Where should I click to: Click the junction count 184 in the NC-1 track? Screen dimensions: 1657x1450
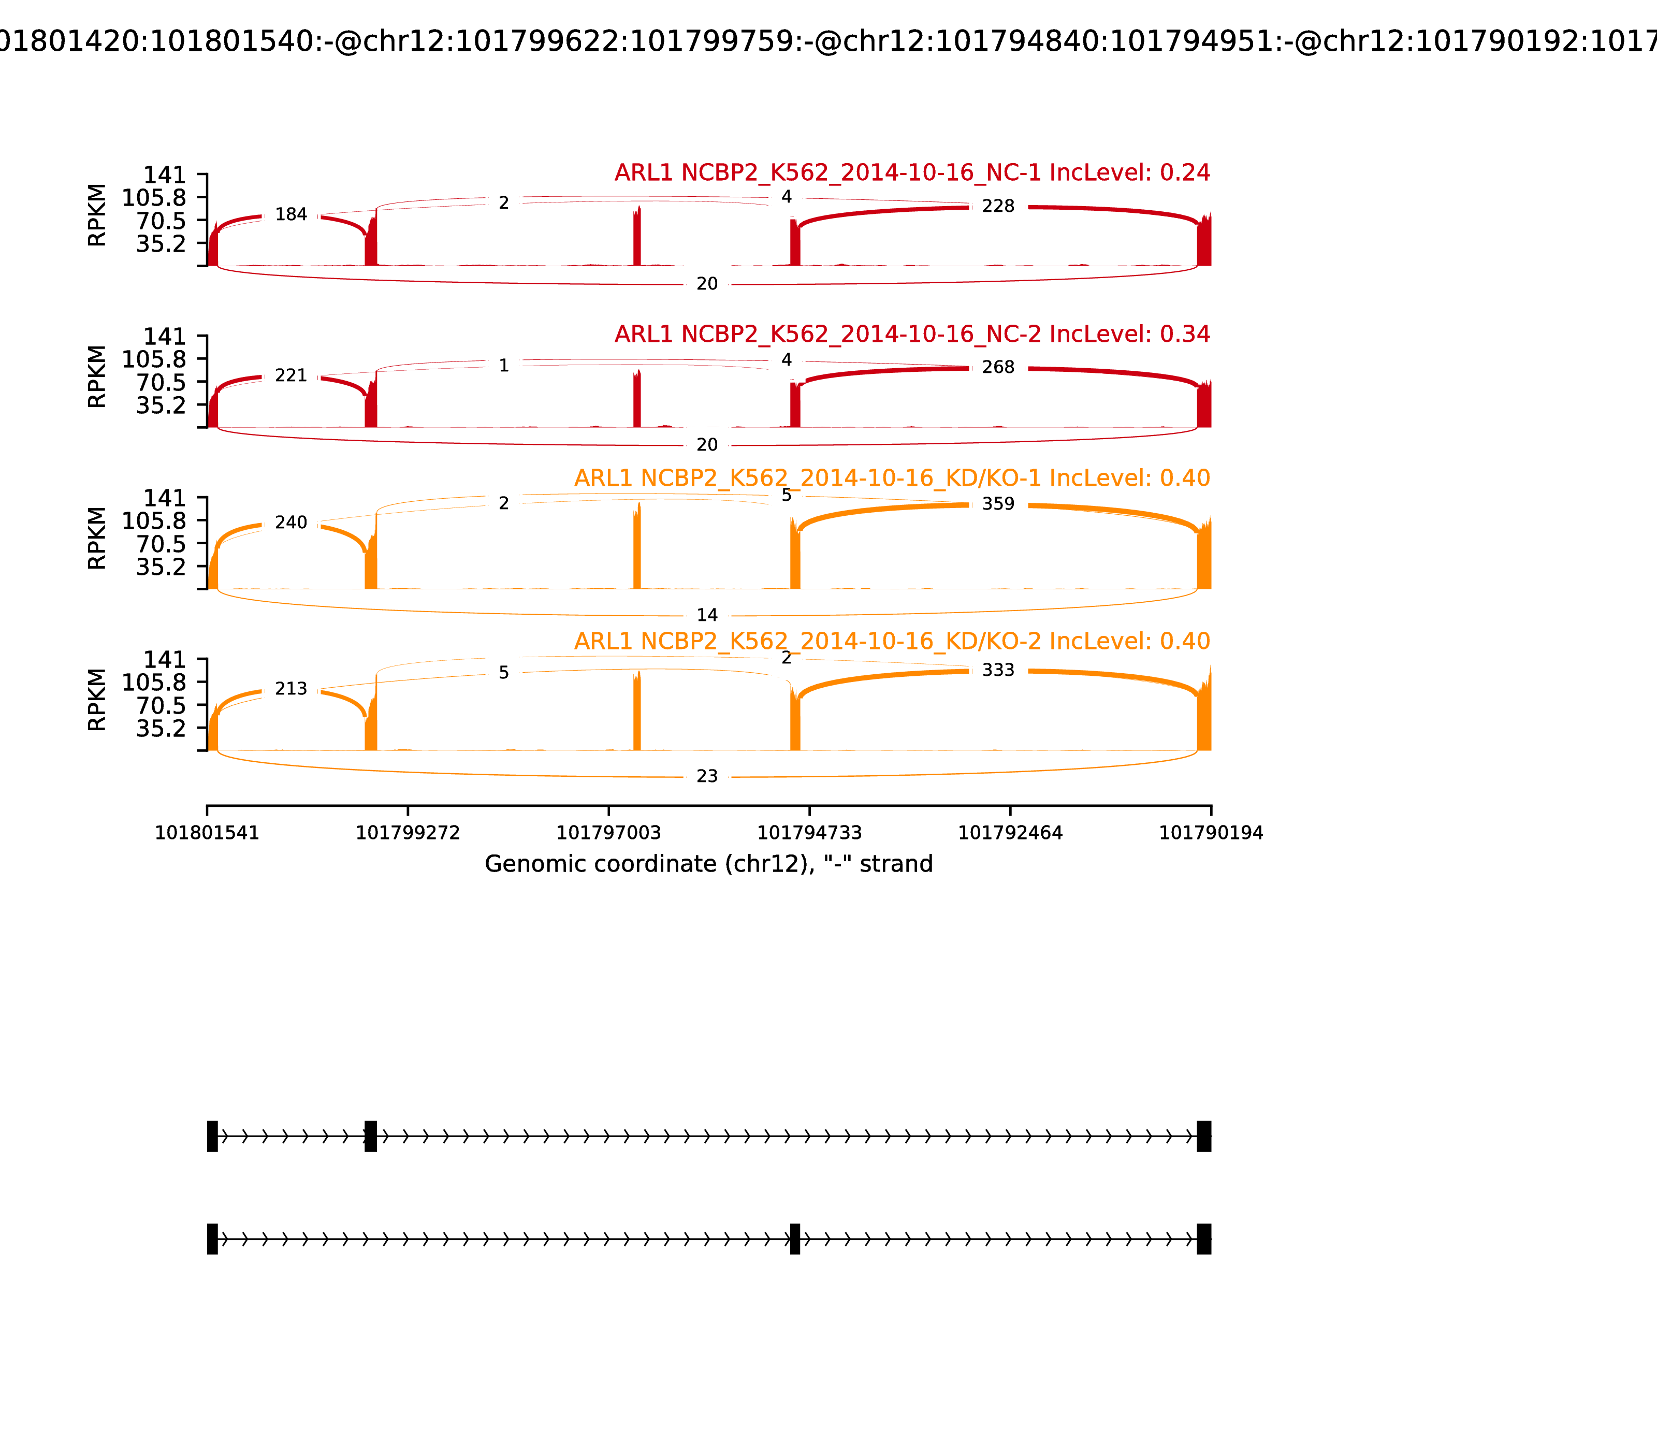291,214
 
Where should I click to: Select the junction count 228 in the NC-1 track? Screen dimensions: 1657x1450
998,206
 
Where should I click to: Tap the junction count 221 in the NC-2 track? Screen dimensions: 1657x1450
291,375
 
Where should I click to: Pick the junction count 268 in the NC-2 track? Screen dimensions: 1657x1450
998,367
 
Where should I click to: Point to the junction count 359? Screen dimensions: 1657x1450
998,504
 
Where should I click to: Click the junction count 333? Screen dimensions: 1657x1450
998,670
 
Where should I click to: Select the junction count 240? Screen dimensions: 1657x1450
291,523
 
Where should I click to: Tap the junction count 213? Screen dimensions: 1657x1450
291,689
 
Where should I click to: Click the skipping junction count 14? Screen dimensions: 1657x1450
707,615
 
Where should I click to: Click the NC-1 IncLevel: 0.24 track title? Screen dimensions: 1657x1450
912,172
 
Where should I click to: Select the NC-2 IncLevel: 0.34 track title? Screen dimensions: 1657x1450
912,334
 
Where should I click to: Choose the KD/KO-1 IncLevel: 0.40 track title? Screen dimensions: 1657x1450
892,478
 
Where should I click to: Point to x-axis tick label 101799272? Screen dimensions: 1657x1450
408,833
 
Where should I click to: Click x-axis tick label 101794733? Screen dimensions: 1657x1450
809,833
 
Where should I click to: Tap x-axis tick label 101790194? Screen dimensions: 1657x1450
1211,833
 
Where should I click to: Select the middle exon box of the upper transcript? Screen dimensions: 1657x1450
371,1136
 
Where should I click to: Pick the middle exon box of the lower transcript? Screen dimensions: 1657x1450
795,1239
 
